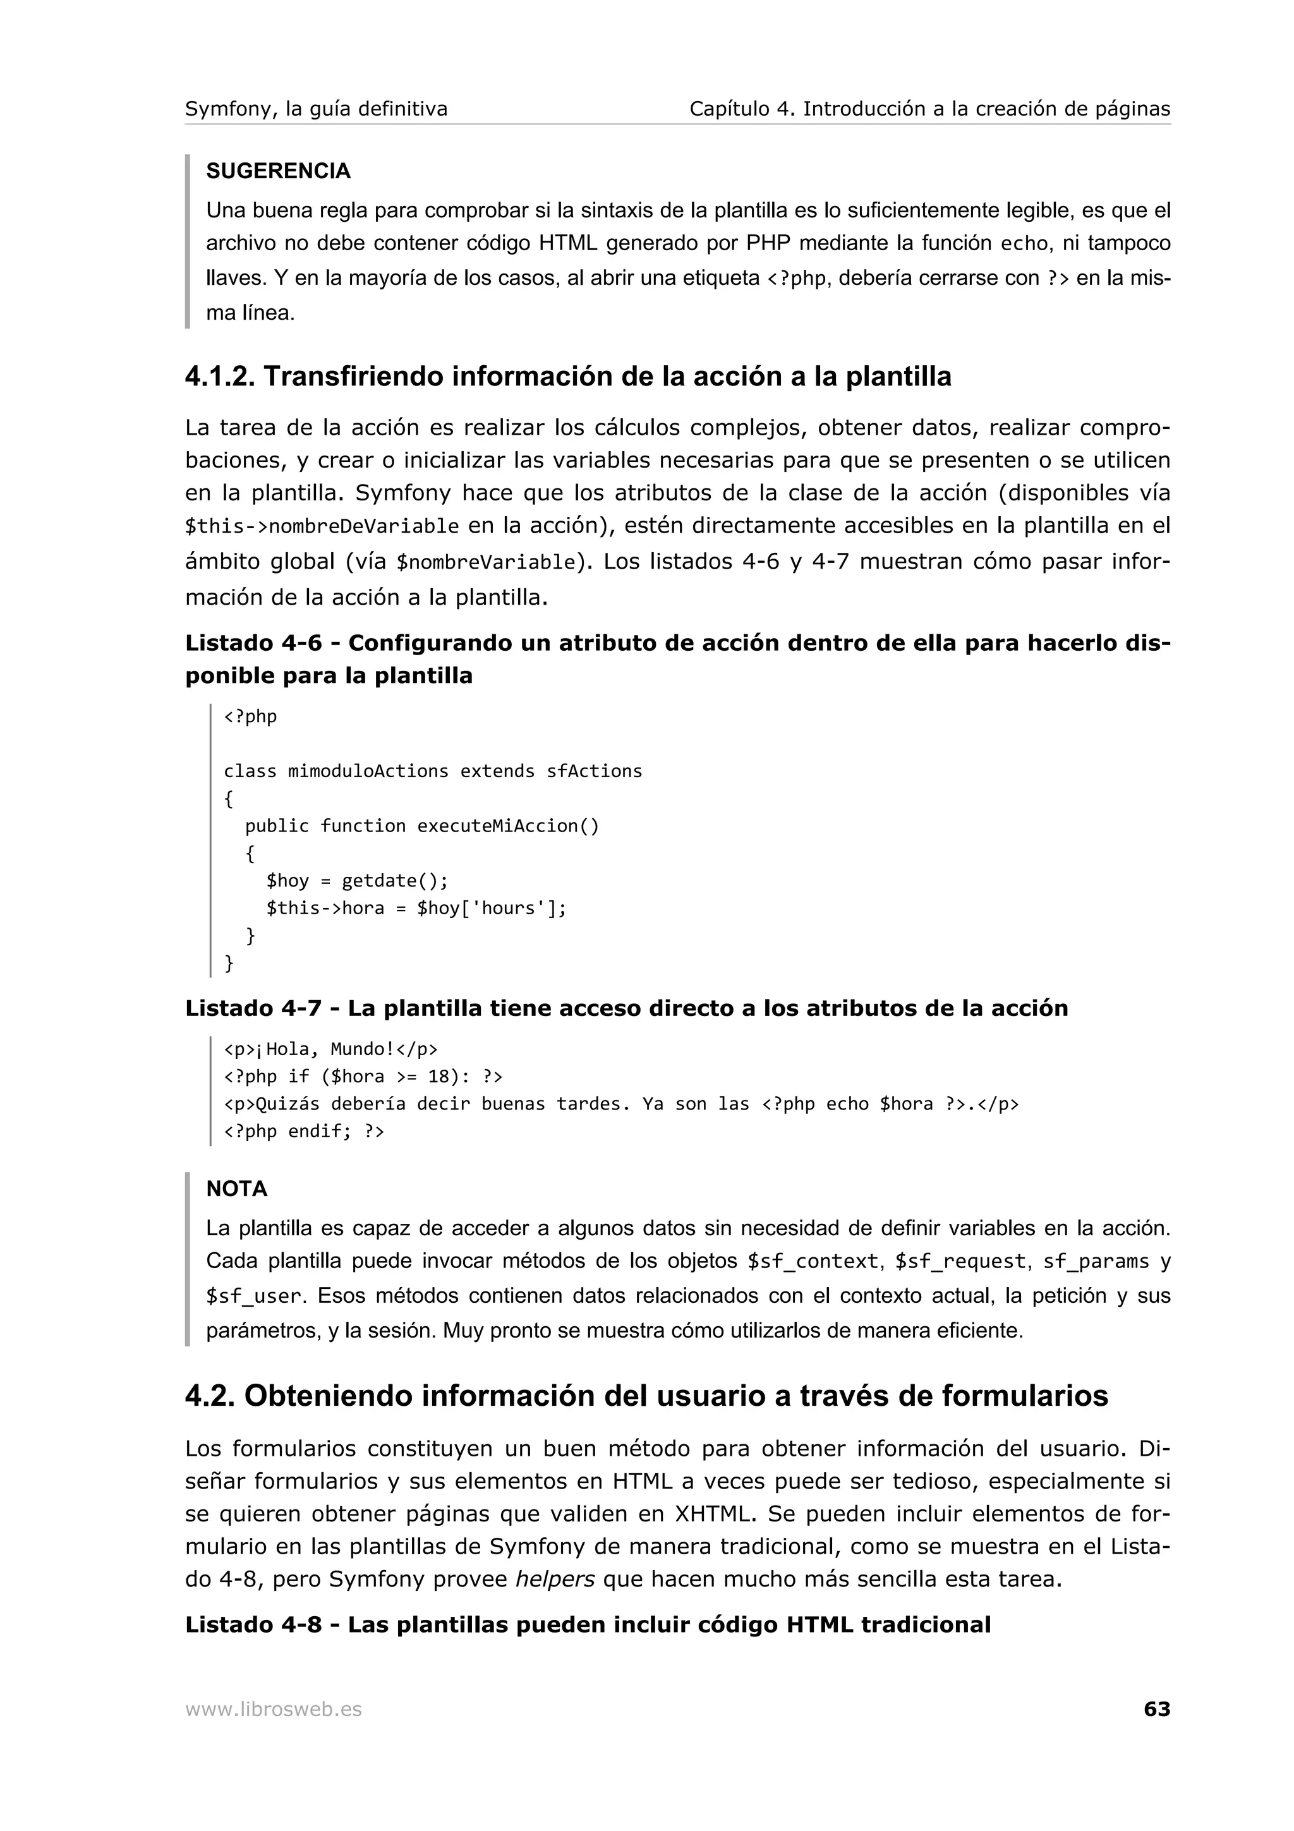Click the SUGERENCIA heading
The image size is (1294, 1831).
(x=278, y=171)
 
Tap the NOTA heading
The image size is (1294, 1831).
(x=237, y=1188)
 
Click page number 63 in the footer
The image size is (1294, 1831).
(x=1156, y=1709)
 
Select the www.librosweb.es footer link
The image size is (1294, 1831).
(x=274, y=1710)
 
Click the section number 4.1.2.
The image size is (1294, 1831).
(x=219, y=377)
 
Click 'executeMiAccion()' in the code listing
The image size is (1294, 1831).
(x=508, y=826)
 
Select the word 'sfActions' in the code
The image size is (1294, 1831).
(x=594, y=771)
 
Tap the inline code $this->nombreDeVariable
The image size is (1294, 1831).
(x=322, y=526)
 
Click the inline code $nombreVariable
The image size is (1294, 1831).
(x=485, y=563)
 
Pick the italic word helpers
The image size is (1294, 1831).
(x=555, y=1579)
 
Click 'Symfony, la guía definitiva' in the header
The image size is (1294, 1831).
(x=317, y=109)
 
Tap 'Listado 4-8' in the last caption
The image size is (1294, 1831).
(x=253, y=1624)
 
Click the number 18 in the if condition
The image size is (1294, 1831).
(x=438, y=1077)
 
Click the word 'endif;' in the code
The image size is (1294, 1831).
(x=320, y=1132)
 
